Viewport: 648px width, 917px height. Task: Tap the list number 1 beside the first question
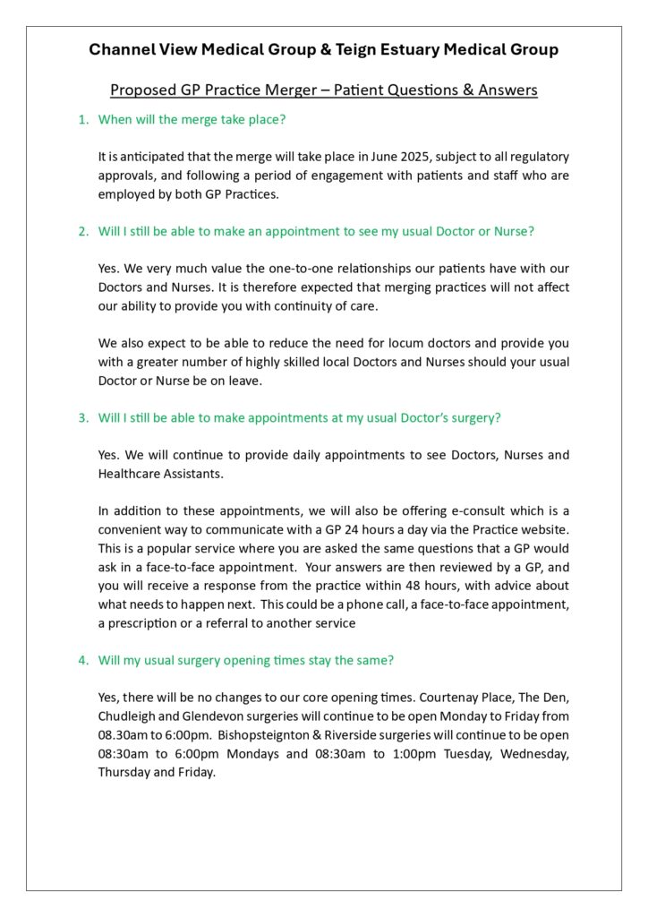tap(83, 119)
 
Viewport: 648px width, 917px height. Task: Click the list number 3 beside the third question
tap(83, 417)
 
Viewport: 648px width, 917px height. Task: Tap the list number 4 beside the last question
tap(83, 660)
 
